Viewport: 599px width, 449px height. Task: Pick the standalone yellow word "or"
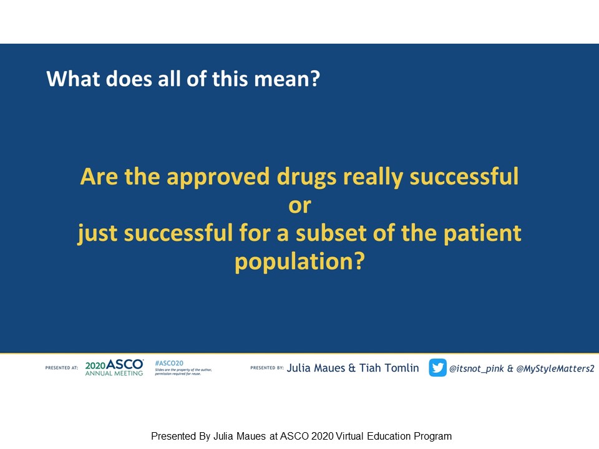[x=299, y=206]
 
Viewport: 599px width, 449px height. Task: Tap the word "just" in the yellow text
[x=97, y=234]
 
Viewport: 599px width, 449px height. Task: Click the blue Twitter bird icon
[x=437, y=368]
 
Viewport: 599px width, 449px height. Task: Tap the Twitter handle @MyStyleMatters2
[x=555, y=369]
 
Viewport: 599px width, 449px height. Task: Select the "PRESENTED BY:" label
[x=267, y=368]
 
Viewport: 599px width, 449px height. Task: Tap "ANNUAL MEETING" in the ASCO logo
[x=114, y=374]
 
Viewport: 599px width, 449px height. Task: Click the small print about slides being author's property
[x=183, y=372]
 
